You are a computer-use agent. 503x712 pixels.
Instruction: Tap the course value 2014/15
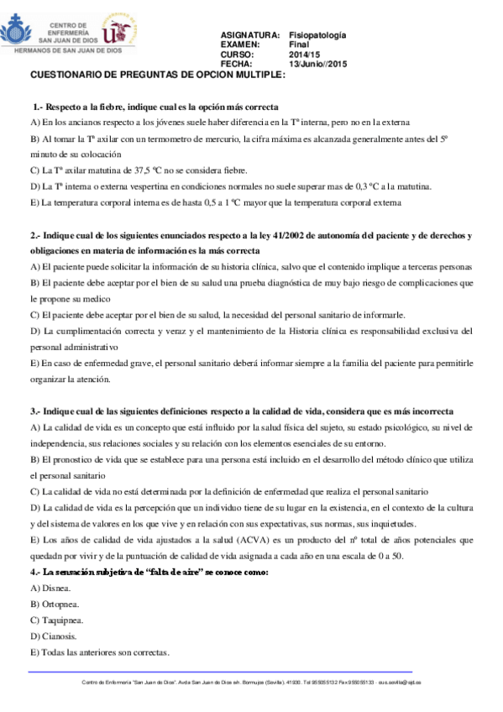coord(304,54)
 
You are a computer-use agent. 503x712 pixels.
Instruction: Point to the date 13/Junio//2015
coord(317,64)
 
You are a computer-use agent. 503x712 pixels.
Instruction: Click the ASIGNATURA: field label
coord(249,35)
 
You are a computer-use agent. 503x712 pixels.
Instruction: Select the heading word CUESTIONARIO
coord(68,75)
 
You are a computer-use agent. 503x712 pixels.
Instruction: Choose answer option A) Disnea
coord(50,588)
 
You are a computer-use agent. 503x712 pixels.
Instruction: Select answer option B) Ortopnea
coord(55,604)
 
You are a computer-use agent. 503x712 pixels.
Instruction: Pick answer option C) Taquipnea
coord(57,620)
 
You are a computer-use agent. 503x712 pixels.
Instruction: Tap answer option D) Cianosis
coord(54,636)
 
